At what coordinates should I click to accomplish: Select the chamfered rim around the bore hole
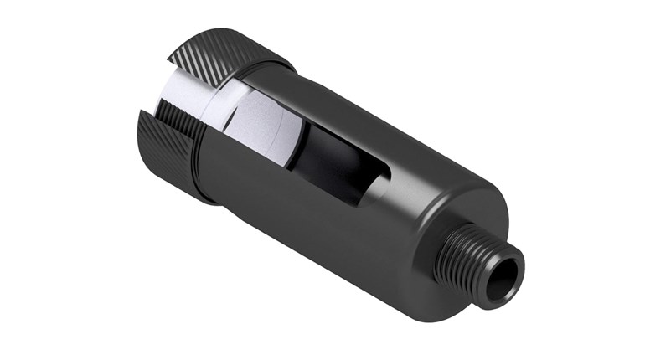click(518, 268)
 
